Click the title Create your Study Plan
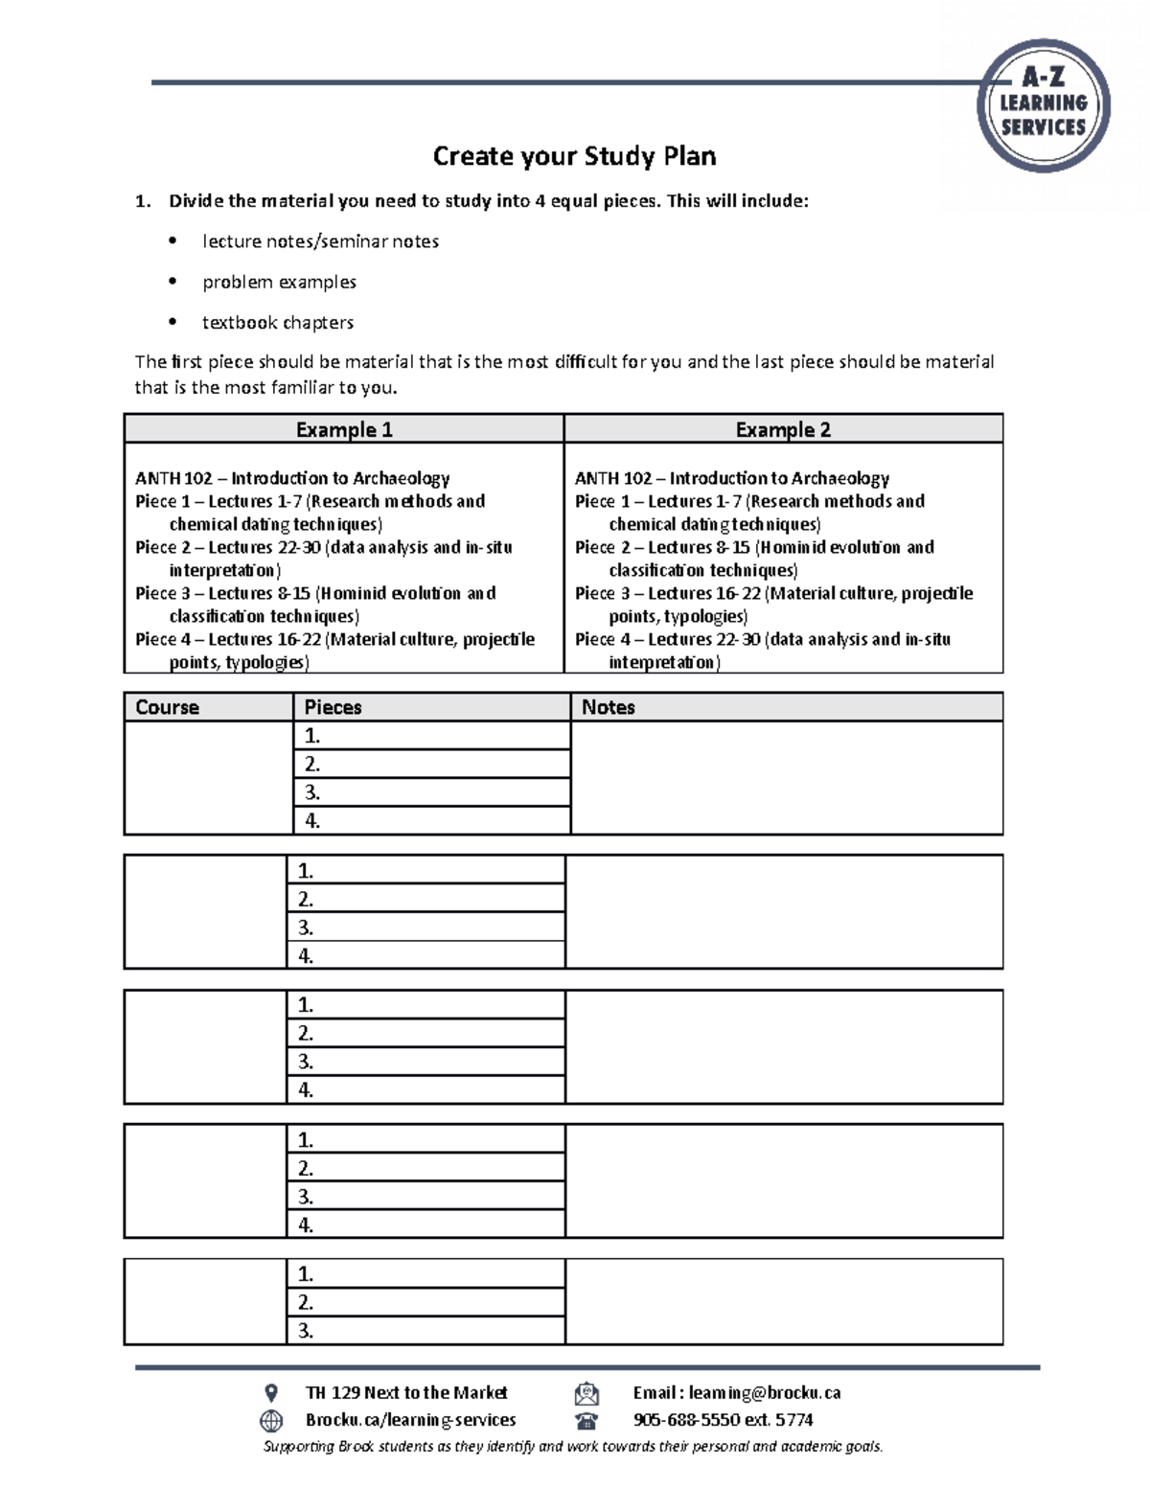pyautogui.click(x=574, y=156)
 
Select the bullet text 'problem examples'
pyautogui.click(x=279, y=282)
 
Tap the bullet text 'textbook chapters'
pyautogui.click(x=278, y=323)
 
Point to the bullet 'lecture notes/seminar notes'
pyautogui.click(x=320, y=241)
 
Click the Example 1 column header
pyautogui.click(x=344, y=429)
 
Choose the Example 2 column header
pyautogui.click(x=783, y=429)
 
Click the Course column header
pyautogui.click(x=168, y=707)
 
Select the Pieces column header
pyautogui.click(x=333, y=707)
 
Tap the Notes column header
pyautogui.click(x=609, y=707)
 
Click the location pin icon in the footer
pyautogui.click(x=271, y=1393)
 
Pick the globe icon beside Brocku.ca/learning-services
pyautogui.click(x=271, y=1420)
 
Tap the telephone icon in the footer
pyautogui.click(x=586, y=1420)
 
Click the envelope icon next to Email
pyautogui.click(x=586, y=1393)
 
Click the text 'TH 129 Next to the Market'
pyautogui.click(x=406, y=1393)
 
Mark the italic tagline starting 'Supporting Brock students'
pyautogui.click(x=573, y=1447)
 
